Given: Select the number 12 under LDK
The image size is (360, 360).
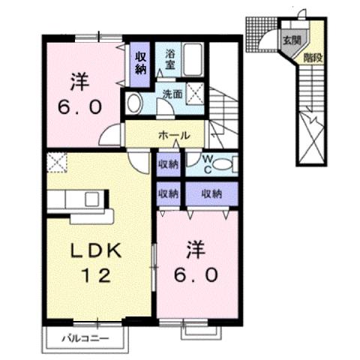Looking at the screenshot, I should click(x=95, y=274).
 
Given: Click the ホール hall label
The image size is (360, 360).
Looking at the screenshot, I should click(x=172, y=136).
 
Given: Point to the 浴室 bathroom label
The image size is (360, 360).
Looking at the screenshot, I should click(x=170, y=58).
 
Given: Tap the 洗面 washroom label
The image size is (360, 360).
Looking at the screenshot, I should click(x=172, y=94).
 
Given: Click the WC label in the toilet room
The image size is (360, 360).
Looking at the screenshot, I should click(x=208, y=164).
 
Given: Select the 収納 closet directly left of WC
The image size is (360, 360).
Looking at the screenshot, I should click(x=169, y=164).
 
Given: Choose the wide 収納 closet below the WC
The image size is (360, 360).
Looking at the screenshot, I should click(x=212, y=193).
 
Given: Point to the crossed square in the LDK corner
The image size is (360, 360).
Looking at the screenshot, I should click(x=55, y=160).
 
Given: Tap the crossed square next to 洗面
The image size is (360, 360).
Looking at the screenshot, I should click(x=197, y=94).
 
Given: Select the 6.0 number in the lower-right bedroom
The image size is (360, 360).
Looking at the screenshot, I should click(x=199, y=274).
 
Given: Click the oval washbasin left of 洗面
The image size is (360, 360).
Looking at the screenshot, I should click(x=135, y=103).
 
